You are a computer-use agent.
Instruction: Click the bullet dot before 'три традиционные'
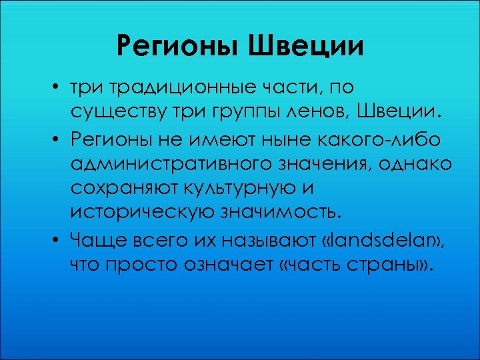point(59,89)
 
